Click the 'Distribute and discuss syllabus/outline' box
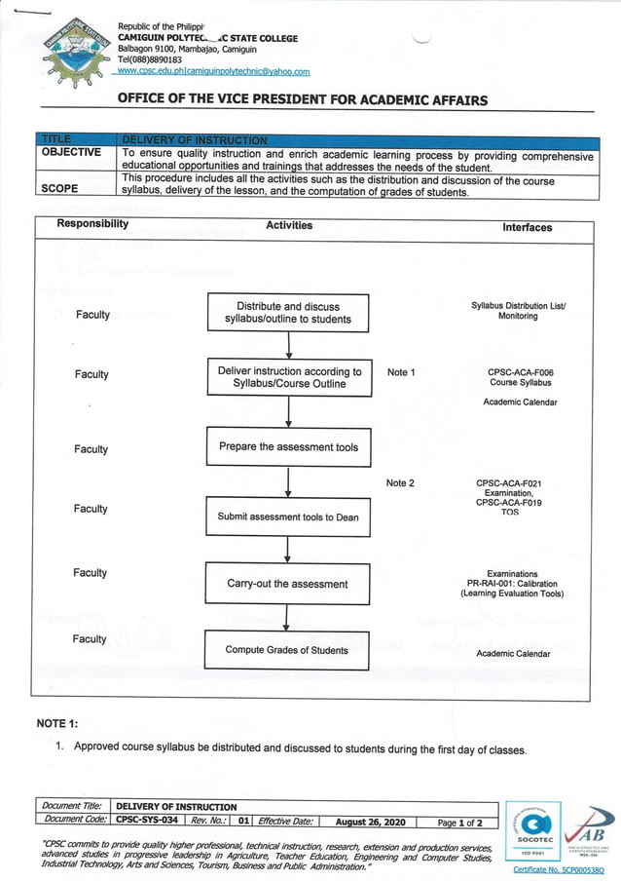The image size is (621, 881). (x=288, y=313)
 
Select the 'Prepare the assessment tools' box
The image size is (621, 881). (x=288, y=447)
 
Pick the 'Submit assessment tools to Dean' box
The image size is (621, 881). (x=288, y=517)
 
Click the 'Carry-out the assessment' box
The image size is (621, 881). (x=288, y=584)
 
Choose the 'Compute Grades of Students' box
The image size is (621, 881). (x=287, y=650)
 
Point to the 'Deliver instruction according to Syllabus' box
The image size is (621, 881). (x=288, y=378)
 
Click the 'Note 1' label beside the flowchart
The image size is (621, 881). (x=401, y=372)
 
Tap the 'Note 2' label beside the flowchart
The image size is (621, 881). (x=400, y=483)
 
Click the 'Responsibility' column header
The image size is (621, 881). (x=92, y=224)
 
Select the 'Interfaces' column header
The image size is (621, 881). (x=527, y=227)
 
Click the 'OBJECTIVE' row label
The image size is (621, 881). (x=71, y=152)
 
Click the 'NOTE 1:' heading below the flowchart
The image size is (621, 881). (x=65, y=723)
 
